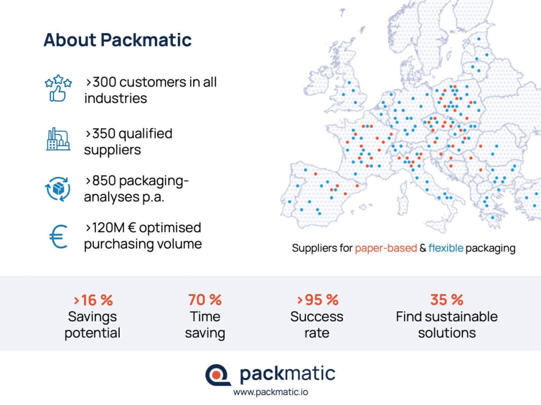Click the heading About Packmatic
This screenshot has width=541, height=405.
point(117,40)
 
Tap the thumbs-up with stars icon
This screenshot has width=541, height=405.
point(58,89)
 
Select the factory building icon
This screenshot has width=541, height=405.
point(58,139)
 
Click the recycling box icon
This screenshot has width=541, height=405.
point(58,189)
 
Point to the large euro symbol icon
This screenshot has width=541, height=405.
point(58,236)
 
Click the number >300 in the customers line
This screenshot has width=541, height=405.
point(101,83)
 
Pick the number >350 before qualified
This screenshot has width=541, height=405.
point(101,134)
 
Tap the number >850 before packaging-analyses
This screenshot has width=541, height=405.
point(101,180)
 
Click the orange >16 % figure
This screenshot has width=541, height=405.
point(93,300)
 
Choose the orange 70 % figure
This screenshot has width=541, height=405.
point(205,300)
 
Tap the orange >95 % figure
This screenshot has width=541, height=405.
point(318,300)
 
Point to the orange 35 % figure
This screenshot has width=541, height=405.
point(447,300)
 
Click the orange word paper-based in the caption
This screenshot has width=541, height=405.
point(386,248)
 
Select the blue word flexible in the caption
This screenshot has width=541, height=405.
point(446,248)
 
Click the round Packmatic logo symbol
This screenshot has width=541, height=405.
point(218,375)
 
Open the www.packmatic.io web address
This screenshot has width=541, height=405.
point(271,392)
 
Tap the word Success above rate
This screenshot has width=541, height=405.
point(317,316)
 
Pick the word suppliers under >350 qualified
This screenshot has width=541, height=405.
point(113,150)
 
